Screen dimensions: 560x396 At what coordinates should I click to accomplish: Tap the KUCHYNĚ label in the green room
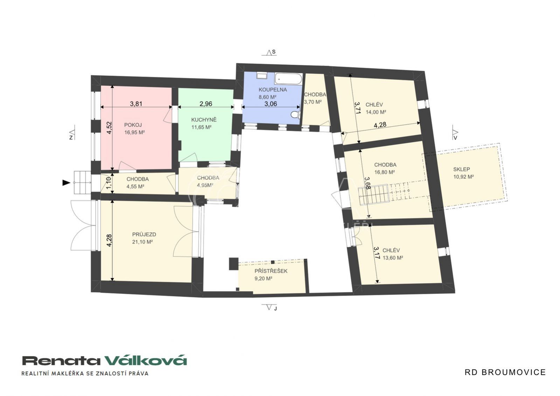click(x=204, y=120)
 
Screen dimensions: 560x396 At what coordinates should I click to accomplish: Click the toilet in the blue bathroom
click(x=296, y=114)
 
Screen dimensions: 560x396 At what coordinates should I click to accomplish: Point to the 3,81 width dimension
click(x=136, y=104)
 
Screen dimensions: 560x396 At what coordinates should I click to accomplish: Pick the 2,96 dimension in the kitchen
click(x=206, y=104)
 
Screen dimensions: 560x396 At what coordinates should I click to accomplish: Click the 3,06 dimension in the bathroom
click(x=271, y=104)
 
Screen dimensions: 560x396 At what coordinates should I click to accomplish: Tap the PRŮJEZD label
click(x=144, y=234)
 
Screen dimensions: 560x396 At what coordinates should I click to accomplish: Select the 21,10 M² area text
click(x=143, y=242)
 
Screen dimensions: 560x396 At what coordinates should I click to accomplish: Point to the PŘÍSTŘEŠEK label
click(x=271, y=271)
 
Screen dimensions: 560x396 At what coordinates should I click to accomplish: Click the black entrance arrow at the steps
click(x=66, y=183)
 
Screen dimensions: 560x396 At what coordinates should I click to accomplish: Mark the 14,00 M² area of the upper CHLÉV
click(x=376, y=112)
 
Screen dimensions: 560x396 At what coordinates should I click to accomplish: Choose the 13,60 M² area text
click(x=393, y=258)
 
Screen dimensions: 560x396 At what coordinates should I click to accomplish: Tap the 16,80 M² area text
click(x=385, y=172)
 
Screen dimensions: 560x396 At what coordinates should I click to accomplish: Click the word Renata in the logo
click(x=61, y=361)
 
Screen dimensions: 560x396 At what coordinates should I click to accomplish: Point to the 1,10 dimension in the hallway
click(x=109, y=183)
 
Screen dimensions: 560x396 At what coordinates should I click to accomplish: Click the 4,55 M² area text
click(x=136, y=186)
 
